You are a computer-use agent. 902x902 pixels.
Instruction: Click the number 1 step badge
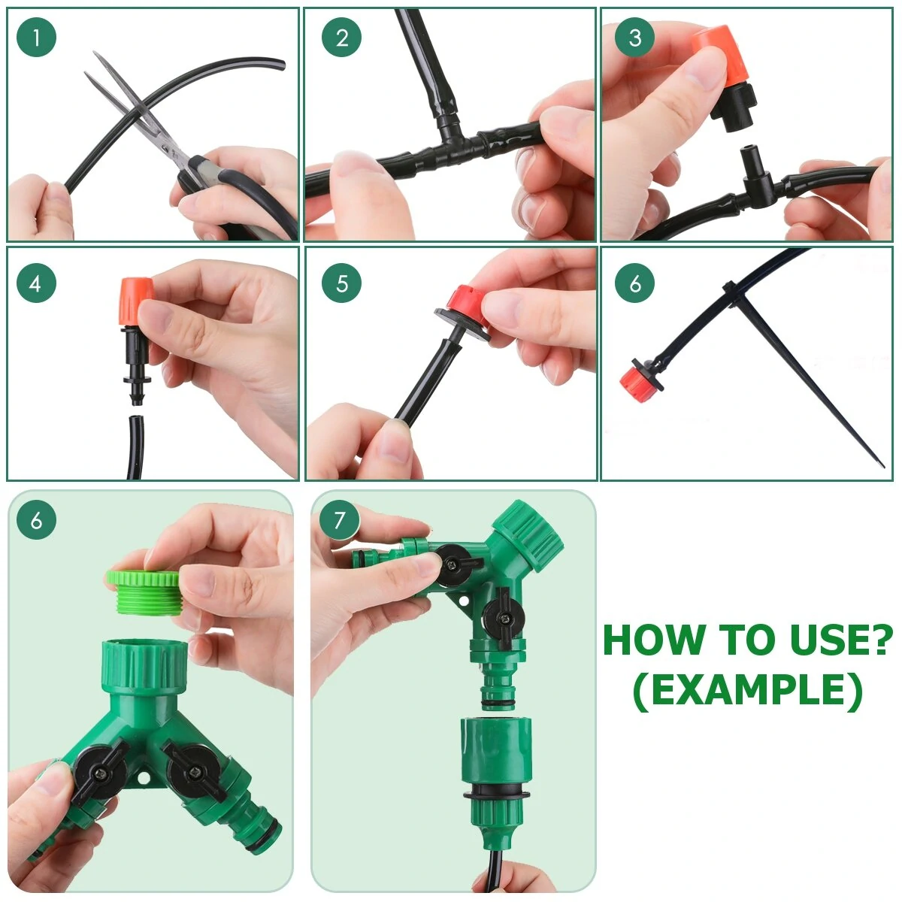click(36, 38)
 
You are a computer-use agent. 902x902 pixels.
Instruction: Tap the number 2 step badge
click(342, 38)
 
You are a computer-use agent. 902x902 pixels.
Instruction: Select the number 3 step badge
click(634, 38)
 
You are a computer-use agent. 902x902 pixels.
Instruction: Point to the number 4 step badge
click(36, 283)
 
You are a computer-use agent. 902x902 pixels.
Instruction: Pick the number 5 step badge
click(342, 283)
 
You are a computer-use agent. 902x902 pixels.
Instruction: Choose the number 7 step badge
click(339, 520)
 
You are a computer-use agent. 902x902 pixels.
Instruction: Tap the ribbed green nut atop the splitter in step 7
click(529, 535)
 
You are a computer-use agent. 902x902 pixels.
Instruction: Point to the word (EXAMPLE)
click(747, 692)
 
